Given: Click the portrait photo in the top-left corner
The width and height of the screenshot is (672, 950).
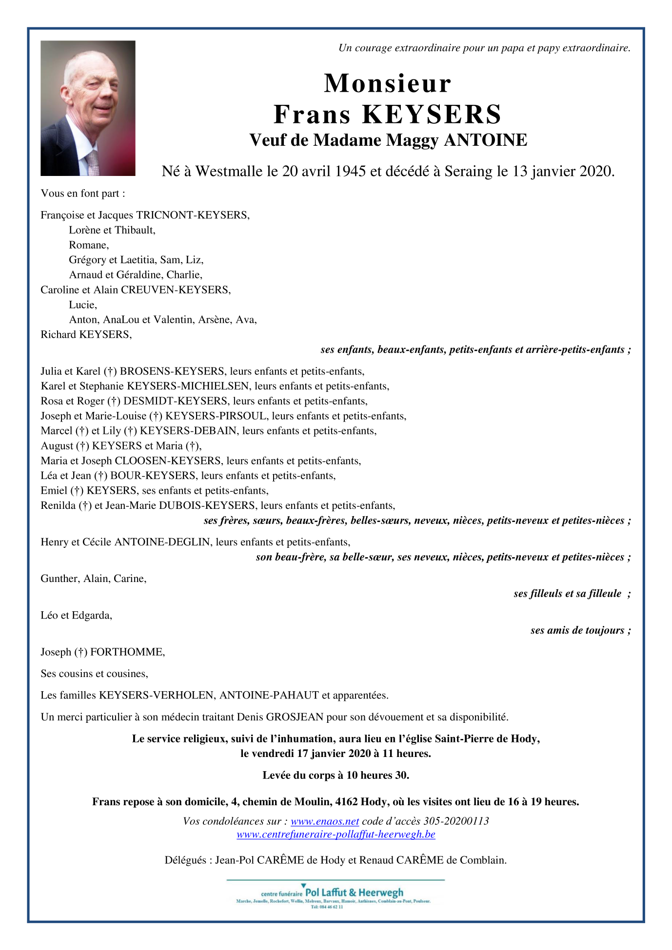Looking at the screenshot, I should [x=88, y=108].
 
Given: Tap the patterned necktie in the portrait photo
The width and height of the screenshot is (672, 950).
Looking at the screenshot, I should [x=93, y=162].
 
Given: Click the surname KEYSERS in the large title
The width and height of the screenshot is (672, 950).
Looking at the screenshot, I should [x=432, y=115].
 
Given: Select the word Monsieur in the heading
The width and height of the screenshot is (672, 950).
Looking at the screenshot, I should [x=388, y=83].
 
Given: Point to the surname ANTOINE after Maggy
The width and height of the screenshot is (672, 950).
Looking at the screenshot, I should [x=485, y=140].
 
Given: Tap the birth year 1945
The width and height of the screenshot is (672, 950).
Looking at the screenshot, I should [x=350, y=172].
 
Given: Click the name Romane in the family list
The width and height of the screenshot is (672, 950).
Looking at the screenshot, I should [x=88, y=245].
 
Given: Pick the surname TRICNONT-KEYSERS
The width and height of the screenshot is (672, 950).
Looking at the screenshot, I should [x=192, y=215].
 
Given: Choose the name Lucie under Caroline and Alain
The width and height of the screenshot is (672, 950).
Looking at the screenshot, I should [x=82, y=305].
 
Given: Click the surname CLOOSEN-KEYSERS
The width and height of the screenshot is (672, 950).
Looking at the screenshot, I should [x=168, y=461].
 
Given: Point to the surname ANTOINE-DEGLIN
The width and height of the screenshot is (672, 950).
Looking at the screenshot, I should [x=162, y=542].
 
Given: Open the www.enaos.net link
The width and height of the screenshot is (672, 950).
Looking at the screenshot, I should [x=325, y=821].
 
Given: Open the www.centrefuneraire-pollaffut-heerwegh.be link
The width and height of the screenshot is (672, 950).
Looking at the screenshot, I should [x=336, y=834].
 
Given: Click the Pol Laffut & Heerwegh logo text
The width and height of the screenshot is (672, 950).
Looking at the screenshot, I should [x=354, y=892].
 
